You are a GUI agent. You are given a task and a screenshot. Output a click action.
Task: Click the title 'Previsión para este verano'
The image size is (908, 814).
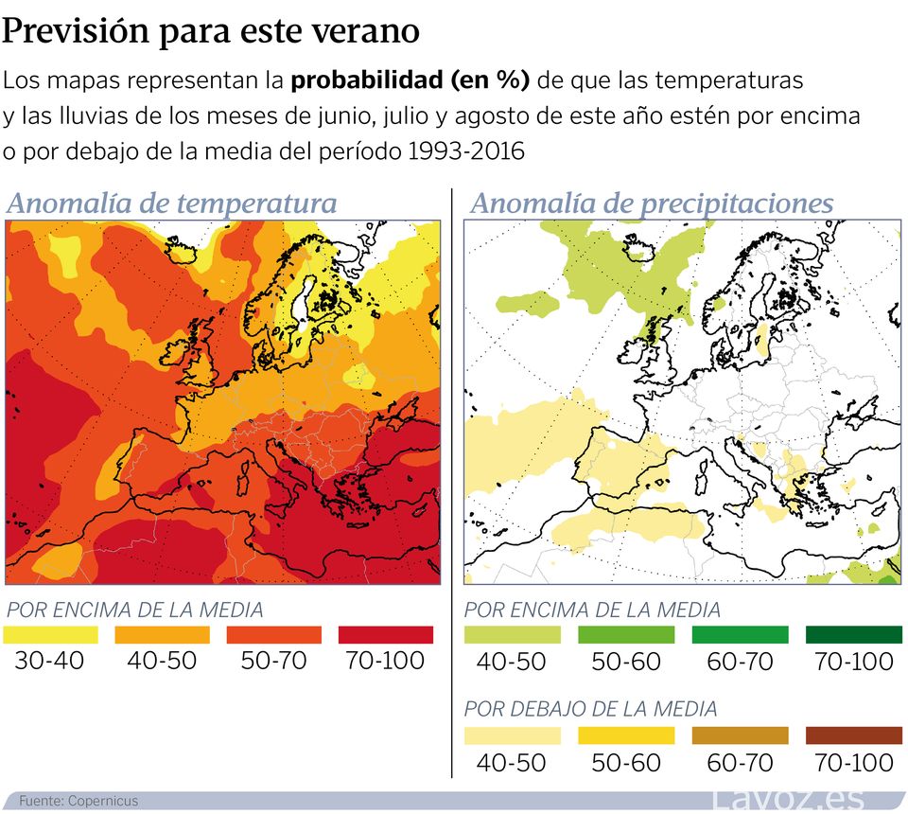[211, 30]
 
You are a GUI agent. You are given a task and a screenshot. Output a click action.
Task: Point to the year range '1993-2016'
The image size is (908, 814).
[464, 151]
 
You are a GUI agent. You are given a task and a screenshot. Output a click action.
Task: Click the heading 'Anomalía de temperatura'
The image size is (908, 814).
[171, 203]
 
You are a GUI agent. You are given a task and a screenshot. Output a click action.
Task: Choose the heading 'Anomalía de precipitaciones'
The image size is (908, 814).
[652, 203]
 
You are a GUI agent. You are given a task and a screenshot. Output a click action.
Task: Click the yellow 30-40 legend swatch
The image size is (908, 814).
[50, 635]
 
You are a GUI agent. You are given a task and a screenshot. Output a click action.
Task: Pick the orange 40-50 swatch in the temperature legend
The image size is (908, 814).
[163, 635]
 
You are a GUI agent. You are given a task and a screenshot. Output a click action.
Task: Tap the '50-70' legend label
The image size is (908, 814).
[274, 661]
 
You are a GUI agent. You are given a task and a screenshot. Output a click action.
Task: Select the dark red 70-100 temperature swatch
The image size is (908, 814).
[386, 635]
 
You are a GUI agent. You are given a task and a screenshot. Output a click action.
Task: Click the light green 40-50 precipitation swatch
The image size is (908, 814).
[512, 635]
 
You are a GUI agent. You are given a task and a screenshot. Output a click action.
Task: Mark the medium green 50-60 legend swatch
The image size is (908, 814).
[626, 635]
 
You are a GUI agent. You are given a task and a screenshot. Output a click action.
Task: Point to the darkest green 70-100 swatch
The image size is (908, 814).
[854, 635]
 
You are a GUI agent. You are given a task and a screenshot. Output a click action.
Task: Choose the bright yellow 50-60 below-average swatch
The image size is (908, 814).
[626, 735]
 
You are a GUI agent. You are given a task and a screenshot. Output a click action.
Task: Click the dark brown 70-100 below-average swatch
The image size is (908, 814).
[854, 735]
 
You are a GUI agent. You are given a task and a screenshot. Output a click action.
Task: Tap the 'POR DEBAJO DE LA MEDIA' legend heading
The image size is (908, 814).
[591, 708]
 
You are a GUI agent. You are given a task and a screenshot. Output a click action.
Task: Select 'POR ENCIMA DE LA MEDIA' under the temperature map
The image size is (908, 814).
[135, 610]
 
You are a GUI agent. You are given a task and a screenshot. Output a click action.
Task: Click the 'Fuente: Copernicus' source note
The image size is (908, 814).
[79, 801]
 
